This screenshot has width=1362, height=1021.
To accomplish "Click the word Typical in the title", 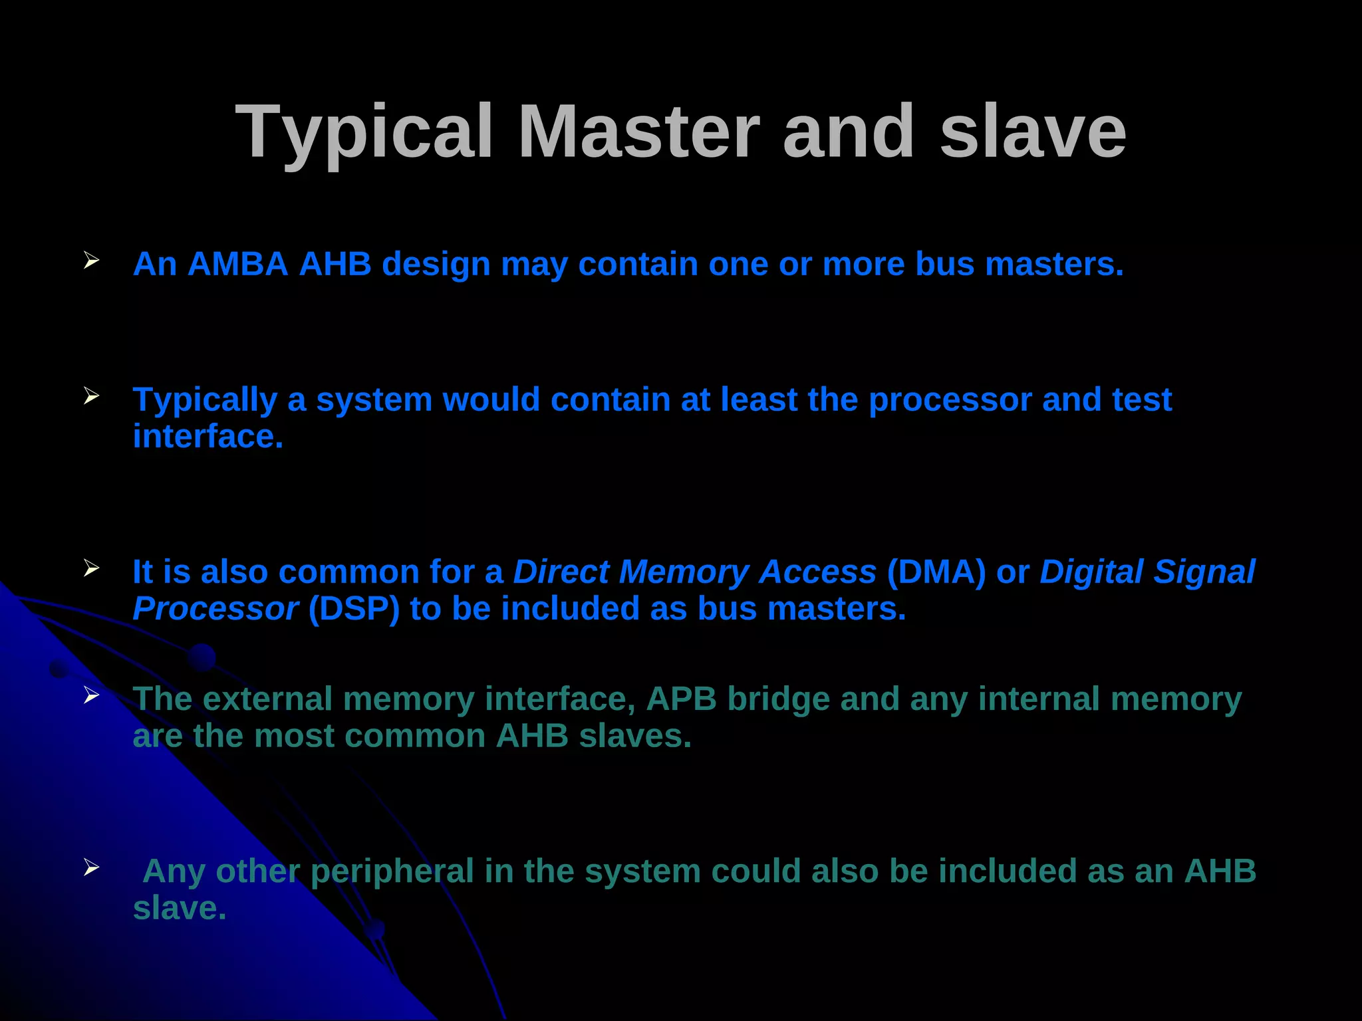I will pos(364,133).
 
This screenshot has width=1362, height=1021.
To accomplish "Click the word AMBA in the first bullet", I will pos(237,264).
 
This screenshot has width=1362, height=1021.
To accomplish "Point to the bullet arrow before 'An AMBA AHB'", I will pos(92,261).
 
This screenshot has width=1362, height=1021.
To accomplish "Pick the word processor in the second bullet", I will pos(950,400).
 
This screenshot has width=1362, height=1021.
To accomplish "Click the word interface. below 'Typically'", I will pos(208,437).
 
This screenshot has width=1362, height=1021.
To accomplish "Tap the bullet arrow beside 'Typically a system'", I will pos(92,396).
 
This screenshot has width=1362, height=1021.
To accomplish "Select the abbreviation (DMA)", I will pos(936,572).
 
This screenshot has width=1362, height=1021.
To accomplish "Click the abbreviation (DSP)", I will pos(354,609).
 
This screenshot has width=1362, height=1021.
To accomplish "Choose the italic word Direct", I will pos(561,572).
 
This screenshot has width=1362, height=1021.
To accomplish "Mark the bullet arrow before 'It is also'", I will pos(92,568).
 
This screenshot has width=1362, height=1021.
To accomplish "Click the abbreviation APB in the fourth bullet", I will pos(682,699).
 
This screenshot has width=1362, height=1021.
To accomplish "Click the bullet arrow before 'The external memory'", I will pos(92,695).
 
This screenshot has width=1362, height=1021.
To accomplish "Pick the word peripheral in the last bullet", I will pos(392,872).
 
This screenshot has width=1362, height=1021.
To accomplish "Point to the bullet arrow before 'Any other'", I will pos(92,867).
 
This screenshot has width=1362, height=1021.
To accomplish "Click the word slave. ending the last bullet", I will pos(180,909).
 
